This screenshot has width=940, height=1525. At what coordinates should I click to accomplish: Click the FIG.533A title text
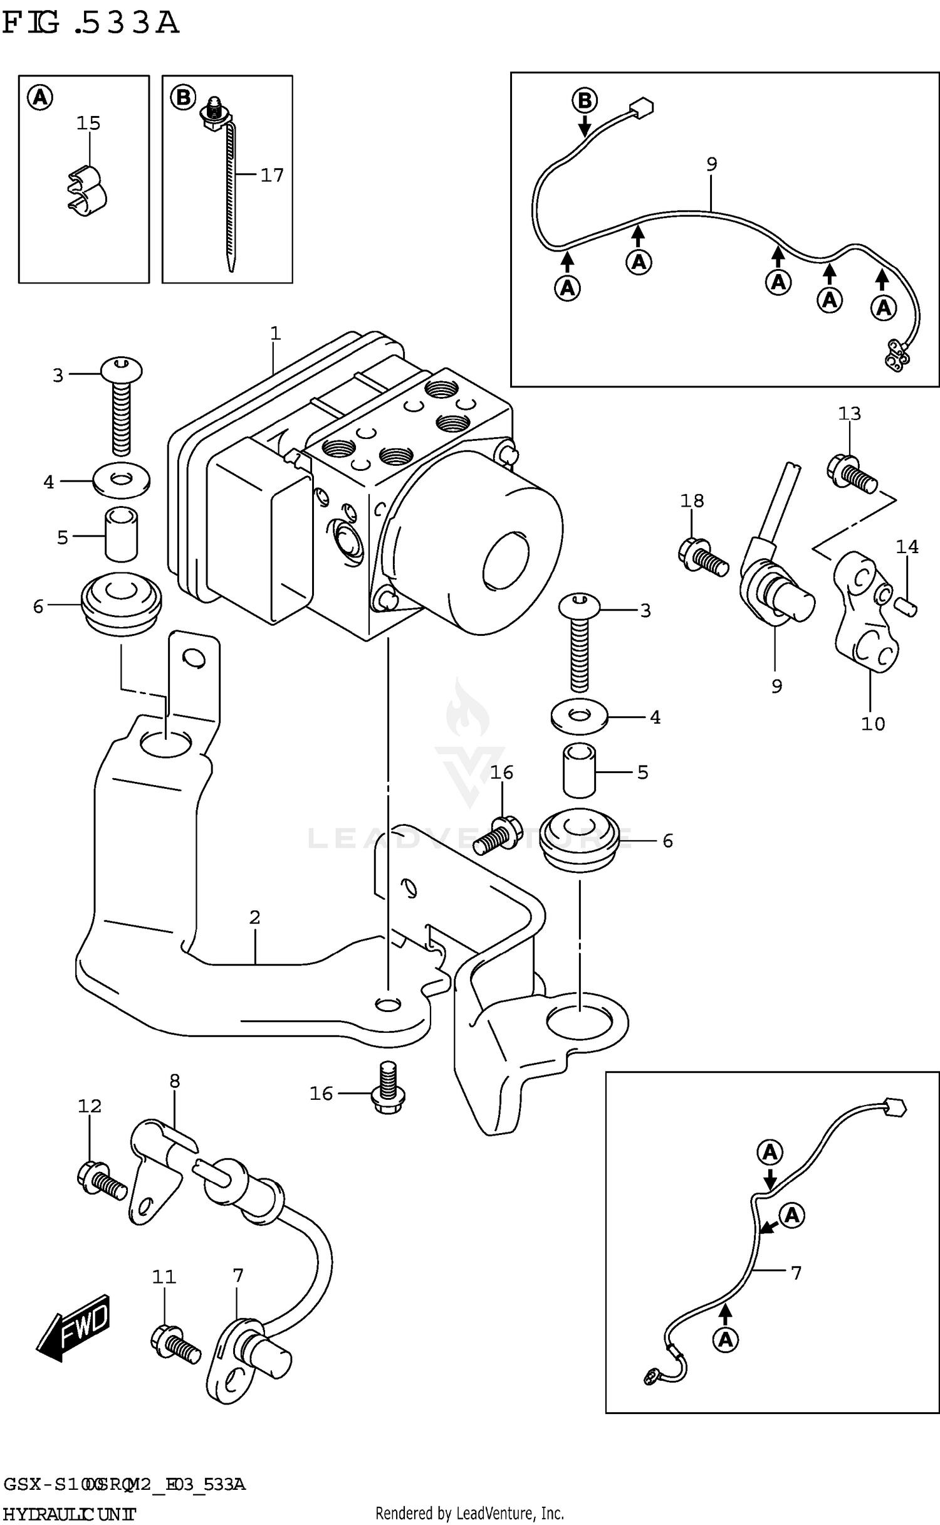[91, 24]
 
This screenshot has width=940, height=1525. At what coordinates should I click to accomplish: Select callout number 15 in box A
[88, 123]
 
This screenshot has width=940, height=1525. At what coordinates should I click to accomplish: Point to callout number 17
[272, 175]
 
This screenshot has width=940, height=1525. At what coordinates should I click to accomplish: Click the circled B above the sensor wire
[584, 100]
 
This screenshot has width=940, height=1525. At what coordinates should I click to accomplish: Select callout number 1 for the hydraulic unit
[275, 334]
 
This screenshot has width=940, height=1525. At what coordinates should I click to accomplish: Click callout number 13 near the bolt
[850, 414]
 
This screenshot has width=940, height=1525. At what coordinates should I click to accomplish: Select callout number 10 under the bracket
[873, 724]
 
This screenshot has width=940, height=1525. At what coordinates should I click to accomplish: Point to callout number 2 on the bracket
[254, 917]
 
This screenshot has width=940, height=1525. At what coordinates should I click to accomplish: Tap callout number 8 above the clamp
[174, 1080]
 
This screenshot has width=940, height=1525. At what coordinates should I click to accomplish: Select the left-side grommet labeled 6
[121, 603]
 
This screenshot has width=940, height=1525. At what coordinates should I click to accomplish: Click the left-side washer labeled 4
[121, 481]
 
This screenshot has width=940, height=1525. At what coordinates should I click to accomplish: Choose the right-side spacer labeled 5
[579, 771]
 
